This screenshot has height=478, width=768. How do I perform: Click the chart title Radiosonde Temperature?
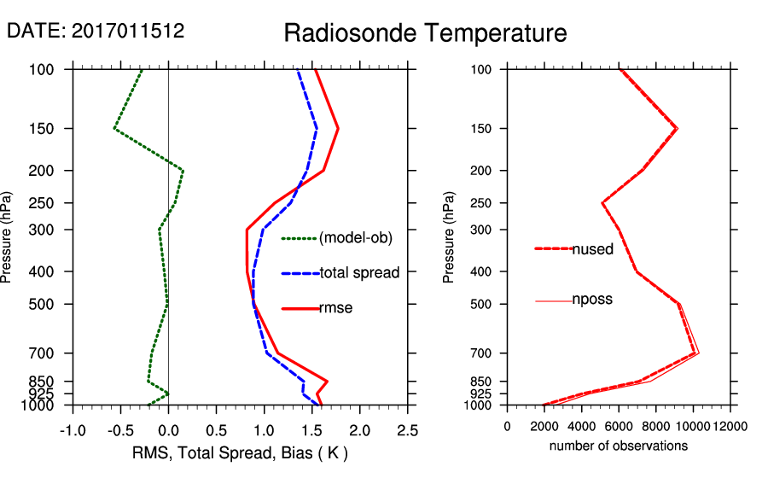pyautogui.click(x=425, y=33)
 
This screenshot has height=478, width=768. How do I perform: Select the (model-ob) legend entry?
pyautogui.click(x=355, y=238)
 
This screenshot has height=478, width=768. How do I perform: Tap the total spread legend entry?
pyautogui.click(x=359, y=273)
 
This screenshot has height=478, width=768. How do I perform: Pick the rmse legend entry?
pyautogui.click(x=335, y=308)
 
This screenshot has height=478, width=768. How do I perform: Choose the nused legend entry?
pyautogui.click(x=592, y=248)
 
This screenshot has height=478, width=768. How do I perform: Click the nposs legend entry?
pyautogui.click(x=592, y=300)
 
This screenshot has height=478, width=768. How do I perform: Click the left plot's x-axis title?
pyautogui.click(x=240, y=452)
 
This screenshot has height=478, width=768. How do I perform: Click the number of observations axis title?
pyautogui.click(x=619, y=446)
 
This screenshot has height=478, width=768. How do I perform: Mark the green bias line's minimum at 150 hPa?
pyautogui.click(x=114, y=128)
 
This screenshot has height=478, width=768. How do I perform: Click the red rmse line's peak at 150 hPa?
pyautogui.click(x=338, y=129)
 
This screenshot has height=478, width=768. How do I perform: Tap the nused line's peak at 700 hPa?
pyautogui.click(x=697, y=353)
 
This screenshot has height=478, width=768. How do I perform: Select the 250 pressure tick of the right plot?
pyautogui.click(x=483, y=203)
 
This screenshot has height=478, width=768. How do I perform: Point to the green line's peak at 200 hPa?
pyautogui.click(x=183, y=170)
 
